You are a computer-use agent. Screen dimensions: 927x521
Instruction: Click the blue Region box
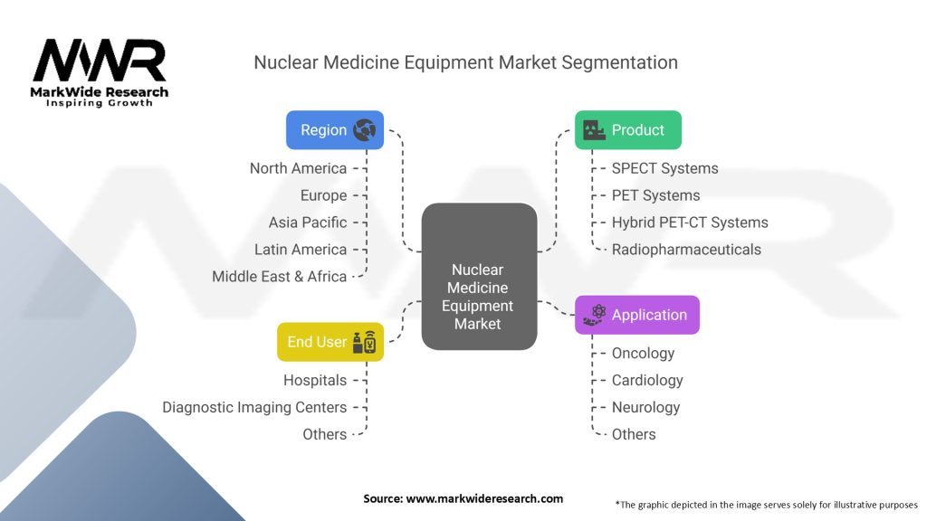335,130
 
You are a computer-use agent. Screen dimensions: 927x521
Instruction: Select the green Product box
628,130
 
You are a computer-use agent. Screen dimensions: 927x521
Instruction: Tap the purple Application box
636,315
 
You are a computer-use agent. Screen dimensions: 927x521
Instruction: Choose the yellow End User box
330,342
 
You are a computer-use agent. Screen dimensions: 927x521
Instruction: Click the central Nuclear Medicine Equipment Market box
479,277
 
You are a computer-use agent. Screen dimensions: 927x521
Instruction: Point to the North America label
298,168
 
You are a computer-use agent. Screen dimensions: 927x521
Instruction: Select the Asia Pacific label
308,223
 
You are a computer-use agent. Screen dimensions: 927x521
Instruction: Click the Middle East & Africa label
279,277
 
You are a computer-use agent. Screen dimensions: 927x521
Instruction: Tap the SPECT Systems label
664,168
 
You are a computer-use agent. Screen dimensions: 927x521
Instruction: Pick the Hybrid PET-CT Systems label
689,223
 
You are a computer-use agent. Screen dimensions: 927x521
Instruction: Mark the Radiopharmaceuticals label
686,250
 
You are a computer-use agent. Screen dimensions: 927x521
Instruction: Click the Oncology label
643,354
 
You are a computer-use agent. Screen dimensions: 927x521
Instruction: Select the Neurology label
645,408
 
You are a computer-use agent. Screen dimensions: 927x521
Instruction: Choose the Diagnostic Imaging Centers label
254,408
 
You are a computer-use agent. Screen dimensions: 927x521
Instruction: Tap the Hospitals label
314,381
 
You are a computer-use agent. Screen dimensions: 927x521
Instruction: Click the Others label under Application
633,435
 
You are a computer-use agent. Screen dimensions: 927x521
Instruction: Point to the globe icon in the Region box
364,130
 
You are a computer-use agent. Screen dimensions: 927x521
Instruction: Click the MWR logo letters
100,61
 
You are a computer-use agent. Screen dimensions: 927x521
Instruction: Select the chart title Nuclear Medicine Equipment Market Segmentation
466,62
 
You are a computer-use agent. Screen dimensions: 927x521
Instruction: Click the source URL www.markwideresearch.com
484,498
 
